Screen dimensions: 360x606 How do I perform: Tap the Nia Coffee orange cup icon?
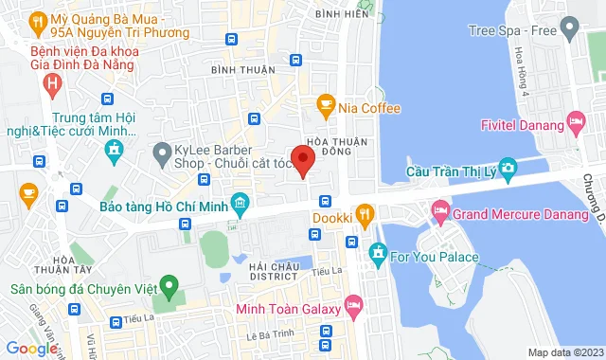coord(326,107)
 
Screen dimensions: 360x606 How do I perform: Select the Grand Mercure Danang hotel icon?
coord(439,208)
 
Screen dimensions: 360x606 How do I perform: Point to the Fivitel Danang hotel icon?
coord(575,120)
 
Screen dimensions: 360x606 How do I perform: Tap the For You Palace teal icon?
coord(376,253)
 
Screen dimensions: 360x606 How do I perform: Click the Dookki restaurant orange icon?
coord(362,213)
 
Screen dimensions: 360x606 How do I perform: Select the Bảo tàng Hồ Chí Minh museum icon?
coord(241,201)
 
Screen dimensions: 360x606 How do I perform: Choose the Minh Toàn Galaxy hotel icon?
coord(354,306)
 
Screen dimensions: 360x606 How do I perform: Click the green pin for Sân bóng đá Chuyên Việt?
coord(169,283)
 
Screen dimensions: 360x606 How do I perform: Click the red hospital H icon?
coord(53,83)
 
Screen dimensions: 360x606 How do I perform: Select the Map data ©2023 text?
coord(564,352)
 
